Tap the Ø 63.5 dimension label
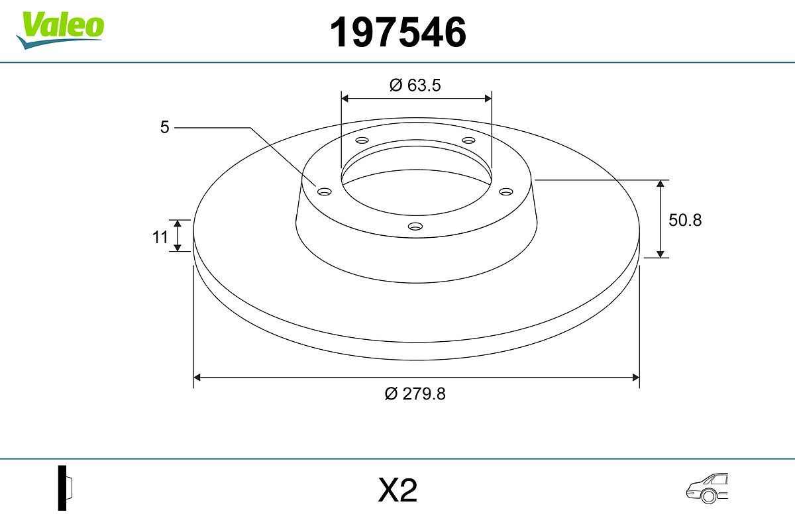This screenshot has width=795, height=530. tap(415, 85)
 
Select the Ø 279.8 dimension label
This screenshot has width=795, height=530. tap(415, 394)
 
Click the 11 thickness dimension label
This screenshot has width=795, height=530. tap(160, 237)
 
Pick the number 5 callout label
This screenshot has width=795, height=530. tap(165, 127)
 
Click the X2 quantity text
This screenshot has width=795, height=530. tap(397, 491)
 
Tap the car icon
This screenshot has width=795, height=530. tap(707, 488)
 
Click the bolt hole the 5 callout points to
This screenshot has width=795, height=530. tap(324, 191)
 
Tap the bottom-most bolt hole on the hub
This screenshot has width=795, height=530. tap(415, 227)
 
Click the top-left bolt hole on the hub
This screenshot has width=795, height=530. tap(362, 140)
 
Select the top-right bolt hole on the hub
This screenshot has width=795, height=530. tap(469, 140)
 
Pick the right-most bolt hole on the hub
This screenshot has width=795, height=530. tap(506, 191)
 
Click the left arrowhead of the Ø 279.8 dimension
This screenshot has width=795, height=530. tap(197, 378)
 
